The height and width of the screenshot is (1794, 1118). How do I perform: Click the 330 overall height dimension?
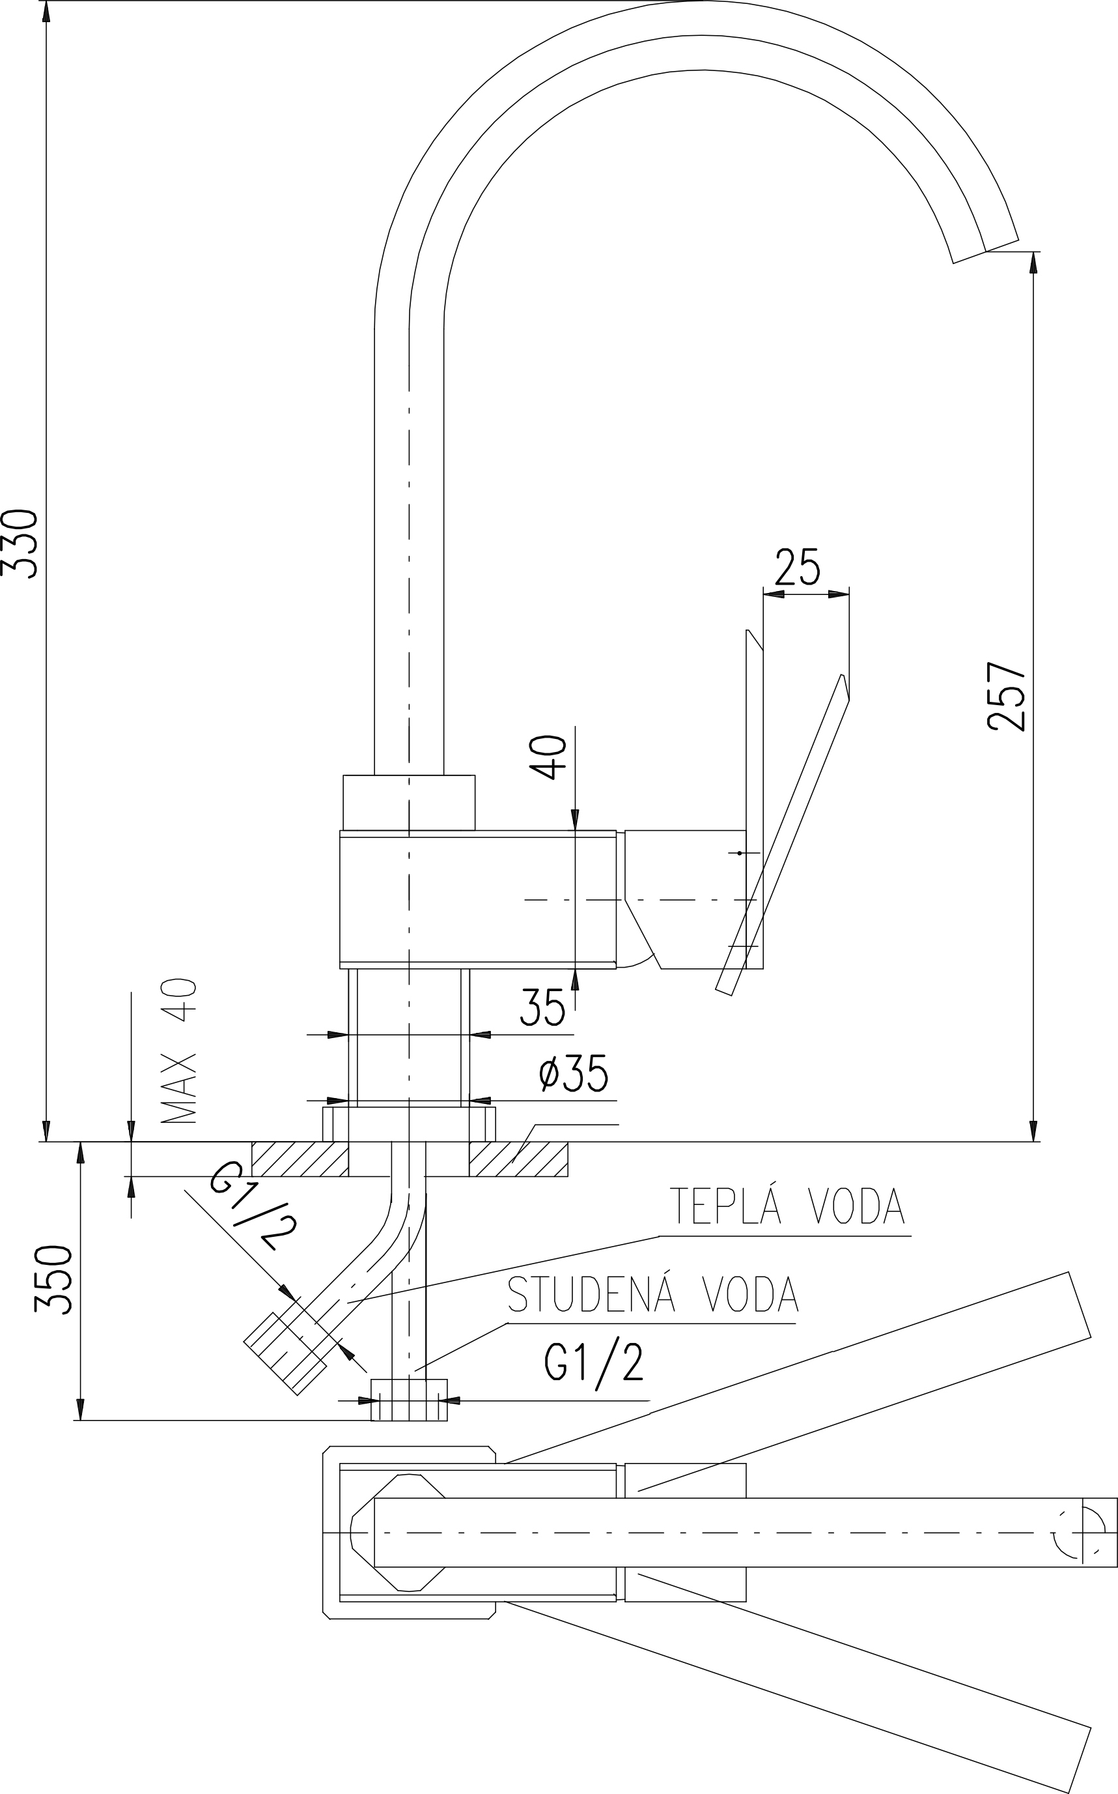tap(20, 543)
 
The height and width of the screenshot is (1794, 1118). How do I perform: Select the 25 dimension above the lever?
tap(797, 567)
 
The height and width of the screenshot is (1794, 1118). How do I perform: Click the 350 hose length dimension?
tap(54, 1279)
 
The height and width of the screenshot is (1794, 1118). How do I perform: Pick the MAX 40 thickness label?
tap(179, 1051)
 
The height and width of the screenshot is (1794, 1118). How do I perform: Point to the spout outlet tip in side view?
tap(986, 252)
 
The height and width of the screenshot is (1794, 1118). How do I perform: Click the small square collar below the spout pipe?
tap(409, 803)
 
